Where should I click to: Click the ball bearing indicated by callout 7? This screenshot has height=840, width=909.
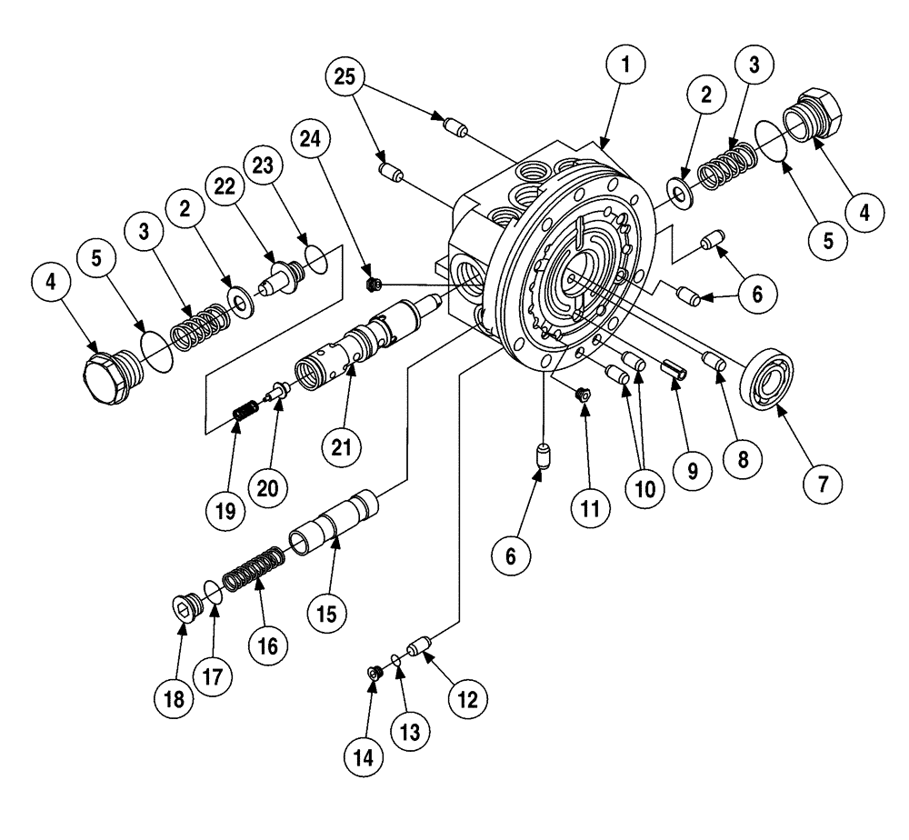pos(768,377)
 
